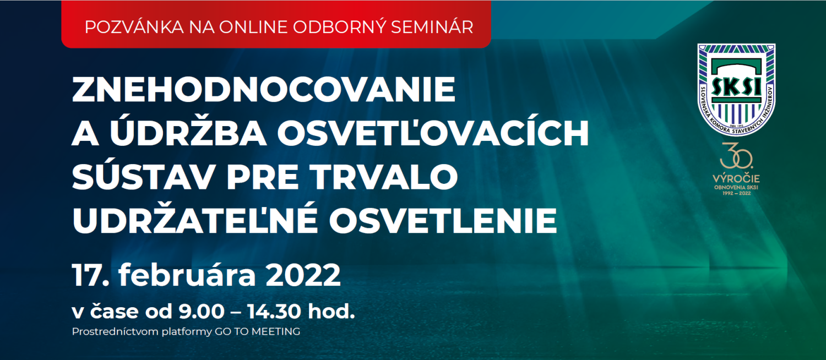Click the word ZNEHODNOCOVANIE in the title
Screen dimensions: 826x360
point(264,90)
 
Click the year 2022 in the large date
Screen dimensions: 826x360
point(303,275)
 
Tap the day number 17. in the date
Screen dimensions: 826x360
point(91,275)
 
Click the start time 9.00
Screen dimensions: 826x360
point(202,312)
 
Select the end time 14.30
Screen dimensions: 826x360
point(274,312)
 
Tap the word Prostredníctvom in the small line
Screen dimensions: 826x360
point(116,331)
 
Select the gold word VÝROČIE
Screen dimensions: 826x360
point(736,179)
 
